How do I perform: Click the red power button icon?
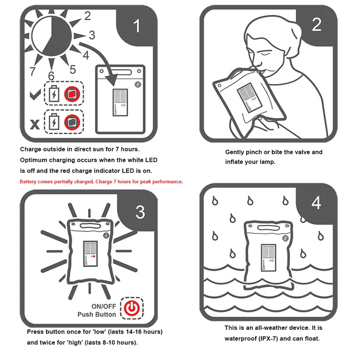tap(132, 308)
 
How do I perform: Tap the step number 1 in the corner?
tap(137, 26)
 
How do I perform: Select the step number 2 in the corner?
tap(317, 24)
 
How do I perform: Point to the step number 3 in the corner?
tap(140, 212)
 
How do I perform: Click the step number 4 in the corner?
tap(316, 203)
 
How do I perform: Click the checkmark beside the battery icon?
tap(35, 94)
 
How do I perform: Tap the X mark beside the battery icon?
tap(35, 125)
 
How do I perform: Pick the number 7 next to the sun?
tap(32, 71)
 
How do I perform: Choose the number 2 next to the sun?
tap(87, 16)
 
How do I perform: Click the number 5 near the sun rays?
tap(73, 70)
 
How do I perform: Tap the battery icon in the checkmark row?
tap(54, 94)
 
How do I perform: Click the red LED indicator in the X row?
tap(72, 122)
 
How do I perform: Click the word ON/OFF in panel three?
tap(104, 306)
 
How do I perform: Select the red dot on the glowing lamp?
tap(94, 256)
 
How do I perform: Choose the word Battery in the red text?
tap(28, 182)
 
